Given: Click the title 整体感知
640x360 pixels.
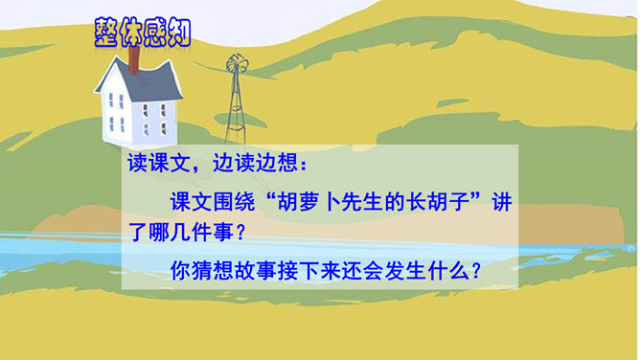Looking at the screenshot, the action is [x=143, y=33].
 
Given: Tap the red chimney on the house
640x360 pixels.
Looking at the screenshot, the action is [x=133, y=59].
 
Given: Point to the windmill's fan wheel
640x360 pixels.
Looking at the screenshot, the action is [x=238, y=63].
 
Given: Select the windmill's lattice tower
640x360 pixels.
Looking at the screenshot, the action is [x=236, y=109].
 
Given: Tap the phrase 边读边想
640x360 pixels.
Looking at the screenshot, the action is [x=255, y=164].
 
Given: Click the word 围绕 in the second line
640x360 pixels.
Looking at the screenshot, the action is [x=234, y=201].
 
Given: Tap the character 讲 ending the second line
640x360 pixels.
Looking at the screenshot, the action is [x=502, y=201].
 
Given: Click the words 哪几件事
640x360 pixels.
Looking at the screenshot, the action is [x=191, y=232].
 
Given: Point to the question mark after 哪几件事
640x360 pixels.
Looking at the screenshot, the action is [x=240, y=233].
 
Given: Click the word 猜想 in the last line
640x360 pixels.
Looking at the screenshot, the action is [x=213, y=271].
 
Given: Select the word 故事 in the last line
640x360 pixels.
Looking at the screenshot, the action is [x=255, y=271].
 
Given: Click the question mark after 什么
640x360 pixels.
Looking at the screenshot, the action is [x=476, y=271].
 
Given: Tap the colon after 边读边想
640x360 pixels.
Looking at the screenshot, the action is [x=303, y=165].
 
